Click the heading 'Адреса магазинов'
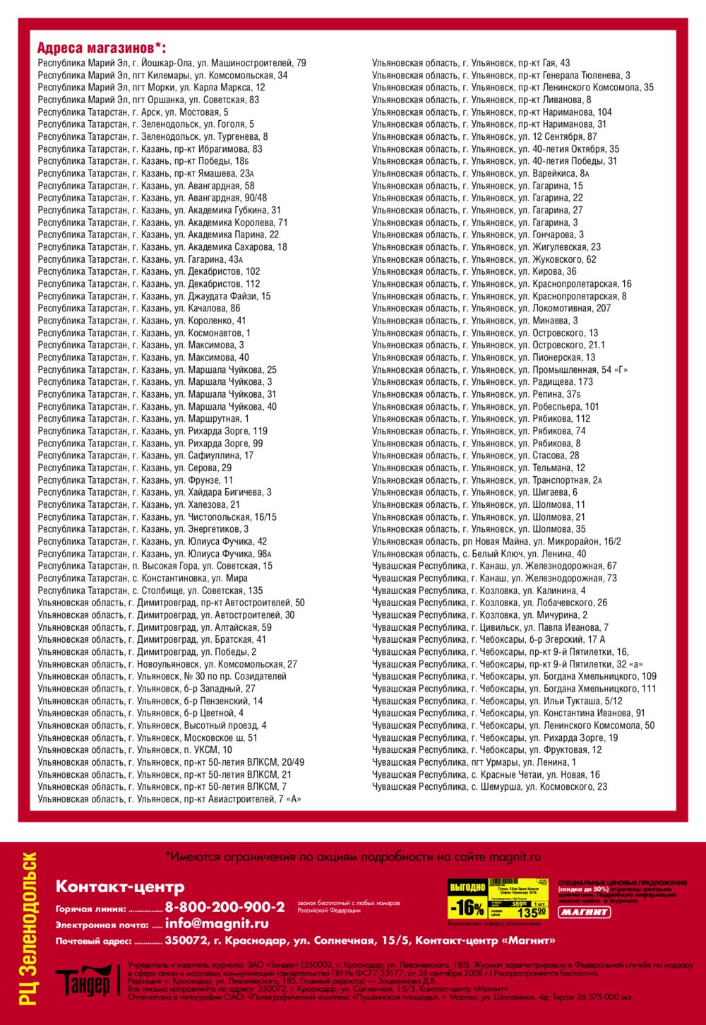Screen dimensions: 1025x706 coord(101,48)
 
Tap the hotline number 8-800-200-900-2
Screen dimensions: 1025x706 coord(225,907)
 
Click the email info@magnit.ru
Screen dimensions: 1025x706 coord(217,923)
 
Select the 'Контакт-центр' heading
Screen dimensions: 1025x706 coord(120,887)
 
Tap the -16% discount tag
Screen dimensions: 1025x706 coord(467,907)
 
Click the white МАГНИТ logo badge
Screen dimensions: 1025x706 coord(585,912)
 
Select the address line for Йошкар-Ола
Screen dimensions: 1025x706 coord(172,63)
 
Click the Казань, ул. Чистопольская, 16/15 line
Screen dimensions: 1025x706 coord(157,517)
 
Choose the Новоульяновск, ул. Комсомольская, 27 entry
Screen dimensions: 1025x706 coord(167,664)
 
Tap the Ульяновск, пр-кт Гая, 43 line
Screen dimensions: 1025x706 coord(471,63)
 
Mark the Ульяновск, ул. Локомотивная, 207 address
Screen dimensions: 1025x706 coord(491,309)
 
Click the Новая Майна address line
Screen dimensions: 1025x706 coord(496,542)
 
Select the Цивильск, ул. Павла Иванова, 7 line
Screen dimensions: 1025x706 coord(490,627)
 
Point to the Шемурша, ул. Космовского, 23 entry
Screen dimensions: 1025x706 coord(489,787)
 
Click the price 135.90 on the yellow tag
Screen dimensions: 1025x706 coord(532,912)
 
